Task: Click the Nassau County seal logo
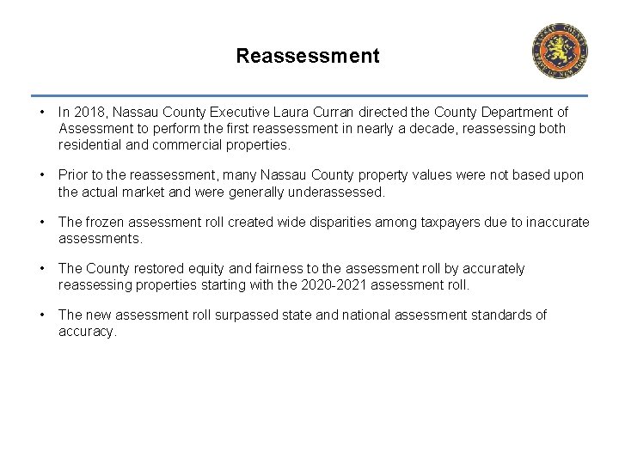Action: click(x=560, y=51)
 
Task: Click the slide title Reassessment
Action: click(x=307, y=57)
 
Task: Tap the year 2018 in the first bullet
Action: click(x=89, y=113)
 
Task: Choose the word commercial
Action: click(x=165, y=145)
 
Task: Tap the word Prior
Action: click(x=75, y=175)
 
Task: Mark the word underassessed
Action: click(x=336, y=192)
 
